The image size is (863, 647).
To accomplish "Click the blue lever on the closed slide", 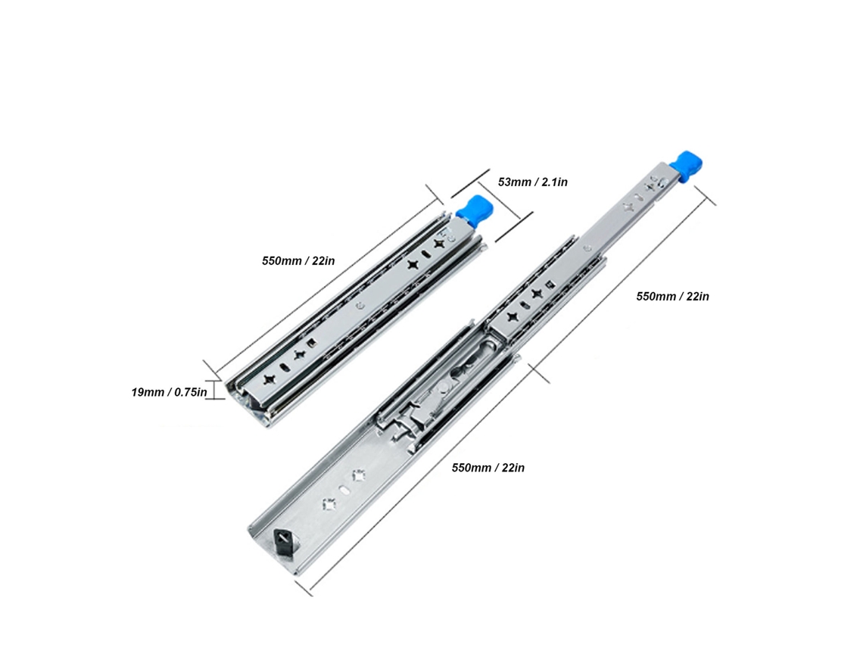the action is click(475, 210).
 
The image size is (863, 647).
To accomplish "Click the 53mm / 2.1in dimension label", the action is click(532, 182).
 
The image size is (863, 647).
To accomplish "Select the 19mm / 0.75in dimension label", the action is click(169, 392).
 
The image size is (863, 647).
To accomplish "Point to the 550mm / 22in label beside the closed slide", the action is click(298, 260).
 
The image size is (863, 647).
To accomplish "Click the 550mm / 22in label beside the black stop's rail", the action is click(488, 468).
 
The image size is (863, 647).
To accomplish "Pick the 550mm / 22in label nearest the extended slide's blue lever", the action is click(672, 296).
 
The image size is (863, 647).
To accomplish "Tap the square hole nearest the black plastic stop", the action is click(329, 503).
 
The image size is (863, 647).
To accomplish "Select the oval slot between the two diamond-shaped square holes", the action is click(344, 490).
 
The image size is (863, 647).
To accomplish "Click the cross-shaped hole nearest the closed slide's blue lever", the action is click(440, 243).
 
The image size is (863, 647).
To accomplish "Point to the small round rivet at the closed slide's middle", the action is click(360, 306).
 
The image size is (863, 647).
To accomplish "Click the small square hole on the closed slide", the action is click(312, 344).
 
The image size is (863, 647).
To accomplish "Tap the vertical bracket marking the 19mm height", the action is click(215, 390).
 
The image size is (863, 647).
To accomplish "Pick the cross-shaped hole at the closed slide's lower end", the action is click(269, 379).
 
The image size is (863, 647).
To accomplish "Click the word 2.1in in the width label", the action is click(554, 182).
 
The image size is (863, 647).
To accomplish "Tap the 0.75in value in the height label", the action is click(191, 392).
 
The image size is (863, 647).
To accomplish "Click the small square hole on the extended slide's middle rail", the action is click(549, 284).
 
